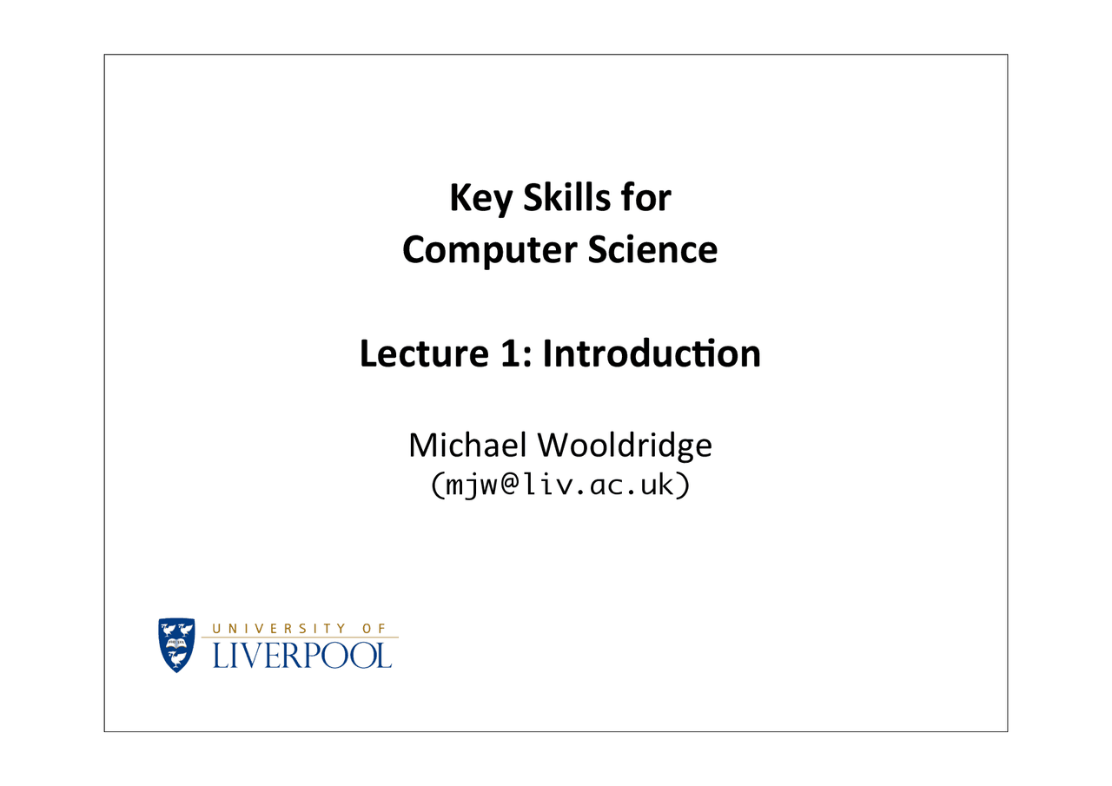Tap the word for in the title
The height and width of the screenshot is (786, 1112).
(x=646, y=198)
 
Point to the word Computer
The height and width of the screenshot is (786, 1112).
(x=489, y=251)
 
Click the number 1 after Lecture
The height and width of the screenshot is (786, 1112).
(x=513, y=353)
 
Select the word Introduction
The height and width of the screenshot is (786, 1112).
(x=652, y=353)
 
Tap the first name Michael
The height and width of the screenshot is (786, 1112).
(x=467, y=446)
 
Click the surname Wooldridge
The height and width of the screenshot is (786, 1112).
(x=624, y=446)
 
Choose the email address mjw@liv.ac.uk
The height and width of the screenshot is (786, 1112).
(x=559, y=485)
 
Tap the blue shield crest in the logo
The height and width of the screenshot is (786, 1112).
(x=177, y=644)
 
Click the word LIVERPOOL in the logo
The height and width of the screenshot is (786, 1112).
(x=302, y=655)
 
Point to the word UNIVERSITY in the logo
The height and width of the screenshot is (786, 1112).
(x=280, y=628)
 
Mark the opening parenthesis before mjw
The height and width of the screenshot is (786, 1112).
(x=436, y=485)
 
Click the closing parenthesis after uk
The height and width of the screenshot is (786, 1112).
(x=683, y=485)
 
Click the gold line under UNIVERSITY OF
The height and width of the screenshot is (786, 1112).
(x=300, y=637)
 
